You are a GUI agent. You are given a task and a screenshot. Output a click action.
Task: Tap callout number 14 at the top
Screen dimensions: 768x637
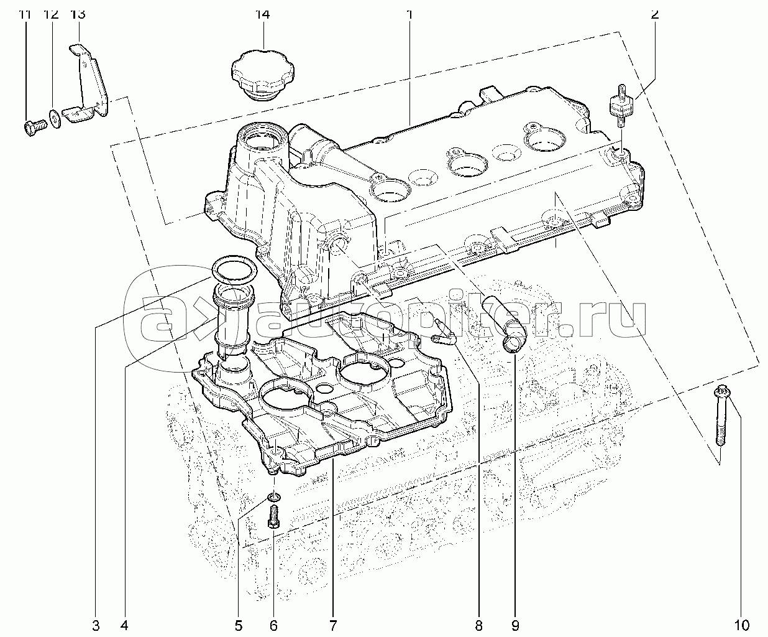(263, 15)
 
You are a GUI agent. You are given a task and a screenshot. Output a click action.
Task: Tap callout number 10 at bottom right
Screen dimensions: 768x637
(741, 625)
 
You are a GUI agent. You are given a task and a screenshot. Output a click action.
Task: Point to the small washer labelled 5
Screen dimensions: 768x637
(274, 498)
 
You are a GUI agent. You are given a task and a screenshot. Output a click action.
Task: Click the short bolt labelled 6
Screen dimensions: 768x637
(273, 517)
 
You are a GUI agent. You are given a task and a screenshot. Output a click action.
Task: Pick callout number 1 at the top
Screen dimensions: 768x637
(409, 15)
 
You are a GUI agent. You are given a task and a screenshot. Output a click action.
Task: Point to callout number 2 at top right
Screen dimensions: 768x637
(655, 15)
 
